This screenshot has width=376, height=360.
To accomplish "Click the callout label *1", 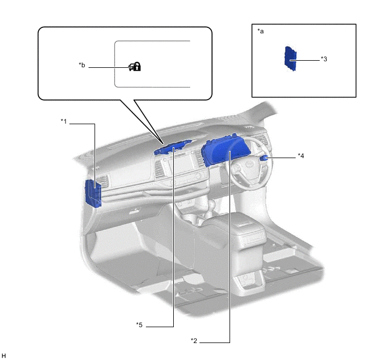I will coord(63,121).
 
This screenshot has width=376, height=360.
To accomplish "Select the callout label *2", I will coord(193,341).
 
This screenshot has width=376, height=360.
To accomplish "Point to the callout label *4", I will coord(301,156).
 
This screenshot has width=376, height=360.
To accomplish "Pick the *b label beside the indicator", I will coord(82,66).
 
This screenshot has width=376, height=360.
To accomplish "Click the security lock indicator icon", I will coord(134,66).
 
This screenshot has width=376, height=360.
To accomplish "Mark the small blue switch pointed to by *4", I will coord(265,158).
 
